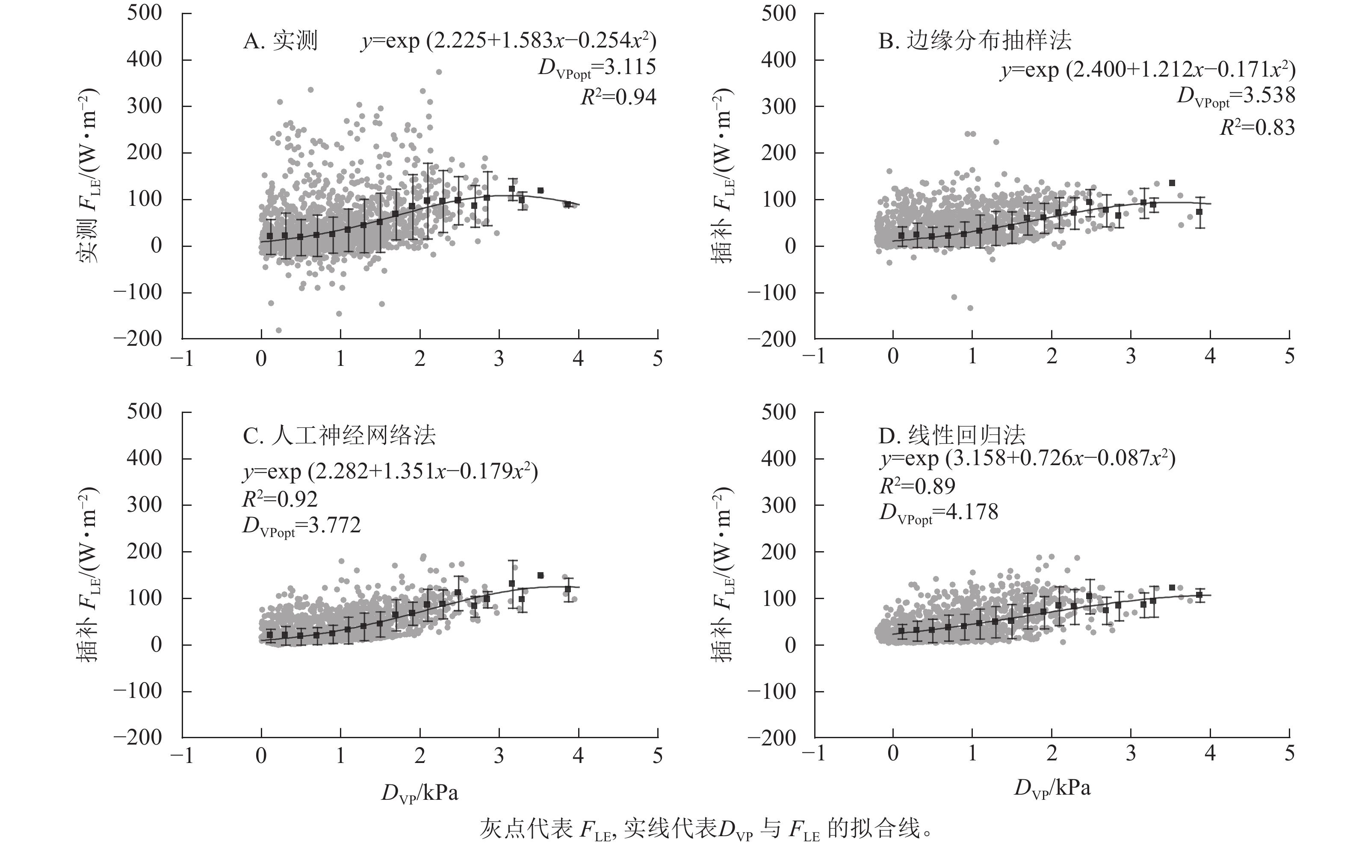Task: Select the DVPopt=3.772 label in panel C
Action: pos(301,526)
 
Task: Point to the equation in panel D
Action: pos(1027,459)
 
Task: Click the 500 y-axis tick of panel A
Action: pos(145,13)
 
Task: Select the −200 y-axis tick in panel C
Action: pos(138,737)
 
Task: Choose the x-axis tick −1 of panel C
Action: pos(182,756)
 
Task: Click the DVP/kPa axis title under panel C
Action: pos(419,794)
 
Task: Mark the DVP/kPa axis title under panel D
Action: pos(1052,789)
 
